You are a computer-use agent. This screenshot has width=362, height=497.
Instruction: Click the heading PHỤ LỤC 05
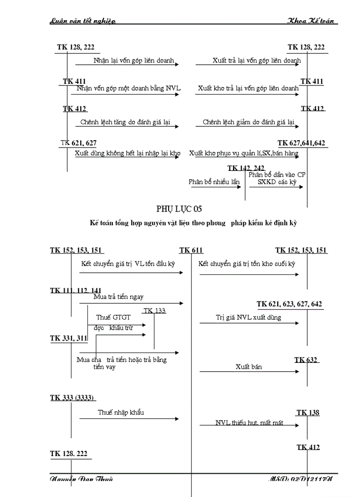point(179,209)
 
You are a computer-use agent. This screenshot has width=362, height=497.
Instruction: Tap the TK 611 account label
point(191,251)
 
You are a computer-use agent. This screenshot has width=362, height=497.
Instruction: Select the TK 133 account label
point(155,311)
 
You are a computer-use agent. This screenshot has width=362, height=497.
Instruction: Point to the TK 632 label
point(306,360)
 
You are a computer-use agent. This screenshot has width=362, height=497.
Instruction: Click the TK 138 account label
point(308,413)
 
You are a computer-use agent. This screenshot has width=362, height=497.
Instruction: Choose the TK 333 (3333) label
point(72,398)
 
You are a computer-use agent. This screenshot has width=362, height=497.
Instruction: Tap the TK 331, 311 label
point(69,338)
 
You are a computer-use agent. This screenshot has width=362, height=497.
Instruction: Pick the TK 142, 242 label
point(246,168)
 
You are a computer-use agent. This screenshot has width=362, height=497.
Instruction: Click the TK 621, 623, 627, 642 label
point(290,304)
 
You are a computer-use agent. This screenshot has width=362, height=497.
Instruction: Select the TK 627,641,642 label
point(301,143)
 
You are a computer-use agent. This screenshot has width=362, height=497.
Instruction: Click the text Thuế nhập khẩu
point(121,413)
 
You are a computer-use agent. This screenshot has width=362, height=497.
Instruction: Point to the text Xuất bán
point(249,367)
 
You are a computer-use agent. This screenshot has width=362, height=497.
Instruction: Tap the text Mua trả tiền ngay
point(118,297)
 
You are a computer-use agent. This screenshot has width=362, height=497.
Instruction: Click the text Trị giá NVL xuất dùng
point(249,317)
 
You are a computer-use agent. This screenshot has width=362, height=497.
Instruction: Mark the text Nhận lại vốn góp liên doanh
point(133,61)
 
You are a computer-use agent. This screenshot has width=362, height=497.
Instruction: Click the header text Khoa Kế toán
point(312,21)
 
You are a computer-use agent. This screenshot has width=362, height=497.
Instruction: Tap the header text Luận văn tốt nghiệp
point(83,21)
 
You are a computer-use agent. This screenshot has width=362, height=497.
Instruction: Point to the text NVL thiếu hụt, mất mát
point(249,423)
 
